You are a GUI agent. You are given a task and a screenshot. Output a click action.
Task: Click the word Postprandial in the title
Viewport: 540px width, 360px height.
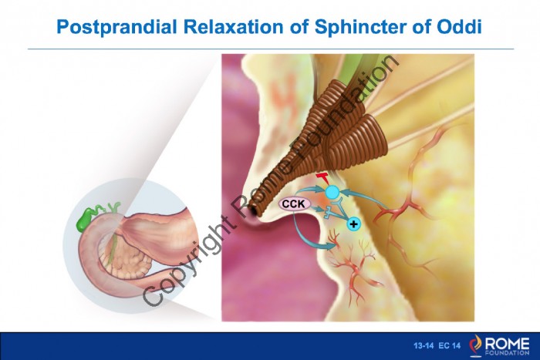(116, 27)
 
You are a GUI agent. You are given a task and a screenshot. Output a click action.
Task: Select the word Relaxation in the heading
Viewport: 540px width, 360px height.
(234, 26)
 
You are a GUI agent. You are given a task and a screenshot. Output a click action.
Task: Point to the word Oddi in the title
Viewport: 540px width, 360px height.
(460, 26)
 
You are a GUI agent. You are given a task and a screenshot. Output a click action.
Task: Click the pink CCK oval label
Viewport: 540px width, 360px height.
(294, 204)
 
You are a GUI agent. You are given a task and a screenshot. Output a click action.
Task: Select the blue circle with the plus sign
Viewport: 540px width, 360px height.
(353, 224)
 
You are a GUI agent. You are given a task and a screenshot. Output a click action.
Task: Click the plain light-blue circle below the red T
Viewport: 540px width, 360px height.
(332, 193)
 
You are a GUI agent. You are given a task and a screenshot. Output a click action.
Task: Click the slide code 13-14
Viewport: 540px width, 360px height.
(424, 345)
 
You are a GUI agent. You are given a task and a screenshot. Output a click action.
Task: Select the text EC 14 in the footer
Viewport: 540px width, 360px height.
(449, 345)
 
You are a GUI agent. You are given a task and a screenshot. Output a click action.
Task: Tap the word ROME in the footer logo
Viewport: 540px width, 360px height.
(507, 344)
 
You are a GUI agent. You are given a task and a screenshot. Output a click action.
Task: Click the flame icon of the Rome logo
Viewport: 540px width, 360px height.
(476, 344)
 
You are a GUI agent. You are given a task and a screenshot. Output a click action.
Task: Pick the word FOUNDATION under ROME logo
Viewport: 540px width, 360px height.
(507, 353)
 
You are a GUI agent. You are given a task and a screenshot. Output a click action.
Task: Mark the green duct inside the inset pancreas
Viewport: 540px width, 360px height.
(112, 248)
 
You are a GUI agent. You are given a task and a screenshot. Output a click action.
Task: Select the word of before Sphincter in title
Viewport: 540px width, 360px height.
(299, 26)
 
